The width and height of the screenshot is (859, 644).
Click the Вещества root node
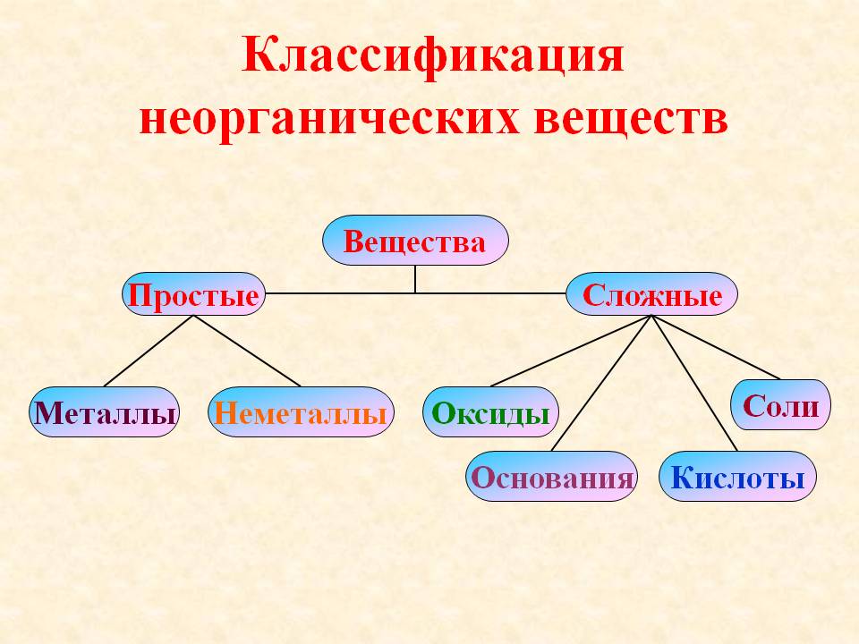(x=415, y=240)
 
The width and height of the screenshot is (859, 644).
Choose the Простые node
(x=193, y=294)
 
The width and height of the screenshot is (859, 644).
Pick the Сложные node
(x=651, y=294)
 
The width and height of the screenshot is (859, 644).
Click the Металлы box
(x=104, y=411)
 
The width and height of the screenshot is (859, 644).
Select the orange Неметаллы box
(x=301, y=411)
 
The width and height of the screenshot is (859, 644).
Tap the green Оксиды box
(x=490, y=411)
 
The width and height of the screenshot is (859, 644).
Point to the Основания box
(x=552, y=476)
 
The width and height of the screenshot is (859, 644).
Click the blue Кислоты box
(x=737, y=476)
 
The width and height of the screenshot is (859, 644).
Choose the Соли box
(x=780, y=404)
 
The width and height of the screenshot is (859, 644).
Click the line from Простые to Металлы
(x=149, y=351)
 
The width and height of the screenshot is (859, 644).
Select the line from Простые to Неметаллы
(x=247, y=351)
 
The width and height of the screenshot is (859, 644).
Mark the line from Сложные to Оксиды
(x=571, y=351)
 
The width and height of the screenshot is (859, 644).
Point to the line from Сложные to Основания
(x=601, y=384)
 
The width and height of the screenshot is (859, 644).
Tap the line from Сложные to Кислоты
(x=694, y=384)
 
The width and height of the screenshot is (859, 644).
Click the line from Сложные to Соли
(x=716, y=347)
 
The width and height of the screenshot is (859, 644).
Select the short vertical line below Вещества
(x=415, y=279)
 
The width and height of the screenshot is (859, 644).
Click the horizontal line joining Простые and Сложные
(x=415, y=293)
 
